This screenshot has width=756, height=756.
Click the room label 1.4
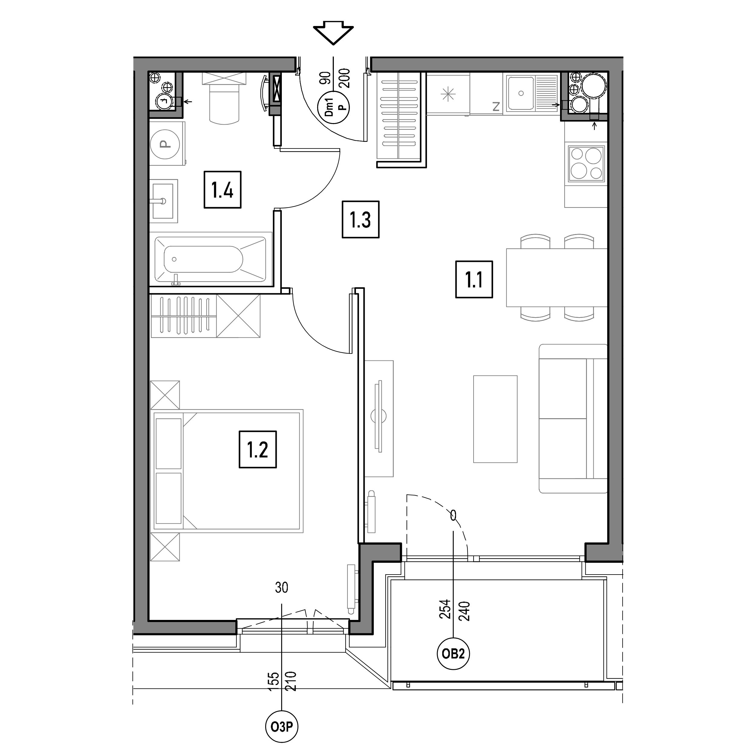[x=222, y=190]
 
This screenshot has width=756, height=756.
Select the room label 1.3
[x=360, y=220]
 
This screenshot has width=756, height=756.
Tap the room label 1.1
[x=474, y=280]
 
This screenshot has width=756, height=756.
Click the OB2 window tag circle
[x=453, y=654]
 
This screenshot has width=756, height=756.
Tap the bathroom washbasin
[x=164, y=201]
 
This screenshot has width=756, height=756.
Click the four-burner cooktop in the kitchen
[x=586, y=163]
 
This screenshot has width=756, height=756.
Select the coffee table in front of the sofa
[x=495, y=419]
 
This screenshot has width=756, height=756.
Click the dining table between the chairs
[x=557, y=277]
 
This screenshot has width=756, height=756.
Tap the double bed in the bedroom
[x=226, y=471]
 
